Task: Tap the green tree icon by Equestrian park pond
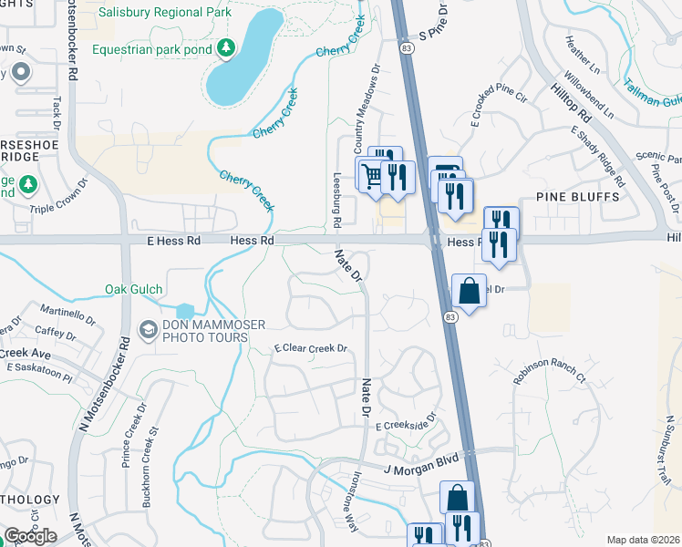[226, 47]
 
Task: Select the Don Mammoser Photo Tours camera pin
[147, 328]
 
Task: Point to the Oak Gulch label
[133, 290]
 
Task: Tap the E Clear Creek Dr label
[312, 348]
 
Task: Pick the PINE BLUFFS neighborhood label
[578, 196]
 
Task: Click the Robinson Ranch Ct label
[549, 369]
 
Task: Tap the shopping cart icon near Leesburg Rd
[372, 174]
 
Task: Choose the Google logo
[30, 536]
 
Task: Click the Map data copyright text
[644, 540]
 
